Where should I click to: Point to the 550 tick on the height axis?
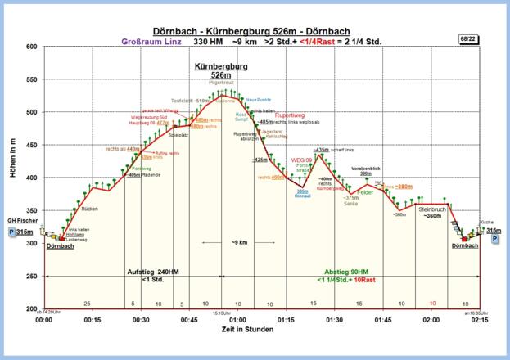pyautogui.click(x=32, y=79)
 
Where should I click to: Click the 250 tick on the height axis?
pyautogui.click(x=32, y=277)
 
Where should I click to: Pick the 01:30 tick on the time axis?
pyautogui.click(x=334, y=321)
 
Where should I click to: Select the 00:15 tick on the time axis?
pyautogui.click(x=93, y=321)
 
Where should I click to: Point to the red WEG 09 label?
pyautogui.click(x=302, y=160)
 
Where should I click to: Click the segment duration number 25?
pyautogui.click(x=87, y=303)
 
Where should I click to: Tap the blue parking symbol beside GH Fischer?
pyautogui.click(x=11, y=232)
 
